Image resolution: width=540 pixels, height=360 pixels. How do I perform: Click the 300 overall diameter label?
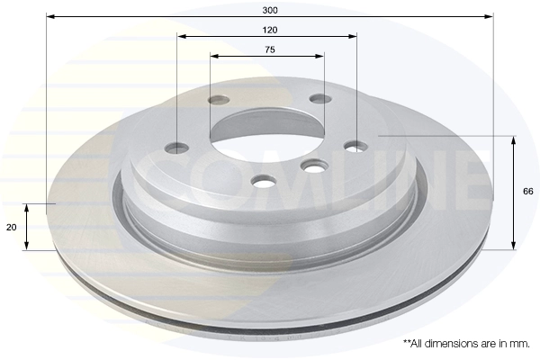click(270, 10)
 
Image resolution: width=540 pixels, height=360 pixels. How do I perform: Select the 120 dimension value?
click(270, 31)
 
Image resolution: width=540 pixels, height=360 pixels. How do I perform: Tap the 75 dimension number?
click(270, 50)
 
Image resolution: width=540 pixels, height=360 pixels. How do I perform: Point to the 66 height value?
click(528, 191)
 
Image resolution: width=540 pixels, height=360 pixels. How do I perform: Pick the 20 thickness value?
click(12, 228)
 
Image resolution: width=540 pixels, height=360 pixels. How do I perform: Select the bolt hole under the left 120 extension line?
click(177, 148)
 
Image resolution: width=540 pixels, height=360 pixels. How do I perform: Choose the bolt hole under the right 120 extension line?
click(356, 146)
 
